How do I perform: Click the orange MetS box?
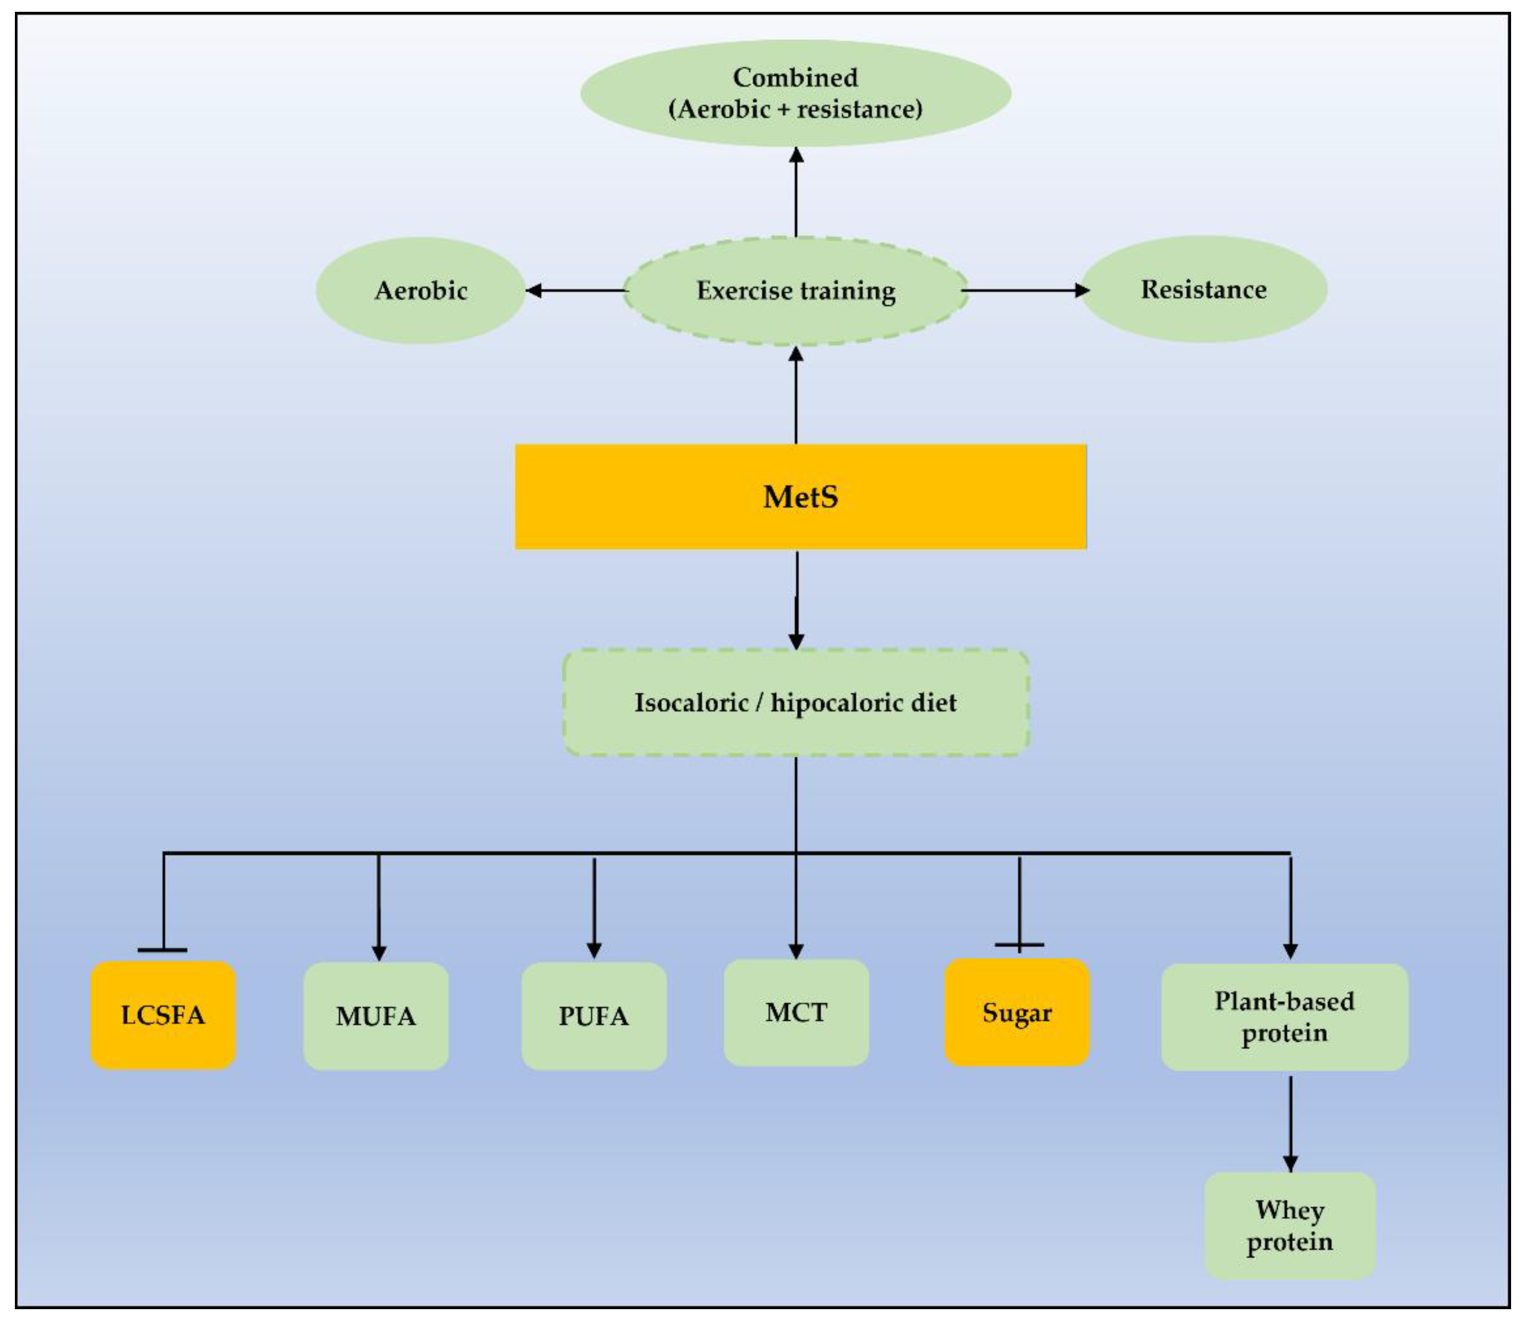[x=800, y=496]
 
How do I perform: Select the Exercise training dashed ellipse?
[x=796, y=291]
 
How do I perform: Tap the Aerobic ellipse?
[x=420, y=291]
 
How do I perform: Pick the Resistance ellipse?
[x=1204, y=289]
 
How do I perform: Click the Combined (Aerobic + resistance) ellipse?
[x=796, y=93]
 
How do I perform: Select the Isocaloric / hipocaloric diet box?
[x=796, y=702]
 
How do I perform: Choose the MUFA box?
[x=376, y=1017]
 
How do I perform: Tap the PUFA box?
[x=594, y=1017]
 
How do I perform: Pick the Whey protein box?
[x=1290, y=1225]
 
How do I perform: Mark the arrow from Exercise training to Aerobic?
[x=575, y=291]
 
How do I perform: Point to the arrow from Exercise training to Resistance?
[x=1025, y=290]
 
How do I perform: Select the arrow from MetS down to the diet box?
[x=797, y=601]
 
